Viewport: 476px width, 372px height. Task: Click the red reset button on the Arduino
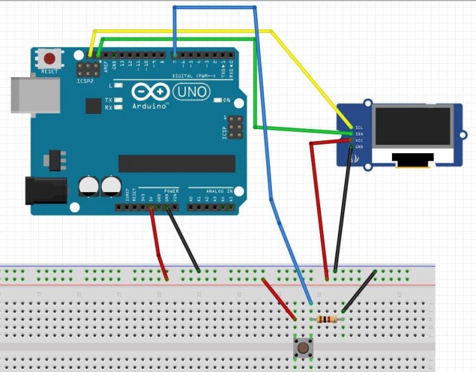[49, 59]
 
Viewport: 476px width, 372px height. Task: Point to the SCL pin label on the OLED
[360, 127]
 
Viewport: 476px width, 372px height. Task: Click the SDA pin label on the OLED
[360, 134]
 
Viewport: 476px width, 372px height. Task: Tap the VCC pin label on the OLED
[360, 140]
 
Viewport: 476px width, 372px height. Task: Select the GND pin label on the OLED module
[360, 146]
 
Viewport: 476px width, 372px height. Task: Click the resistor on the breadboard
[326, 319]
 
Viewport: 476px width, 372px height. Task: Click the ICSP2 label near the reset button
[85, 82]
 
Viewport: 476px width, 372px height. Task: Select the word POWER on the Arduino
[171, 191]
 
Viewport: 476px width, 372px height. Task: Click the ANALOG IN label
[219, 191]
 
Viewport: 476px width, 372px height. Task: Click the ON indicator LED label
[226, 100]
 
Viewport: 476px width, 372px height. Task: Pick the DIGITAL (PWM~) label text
[191, 76]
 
